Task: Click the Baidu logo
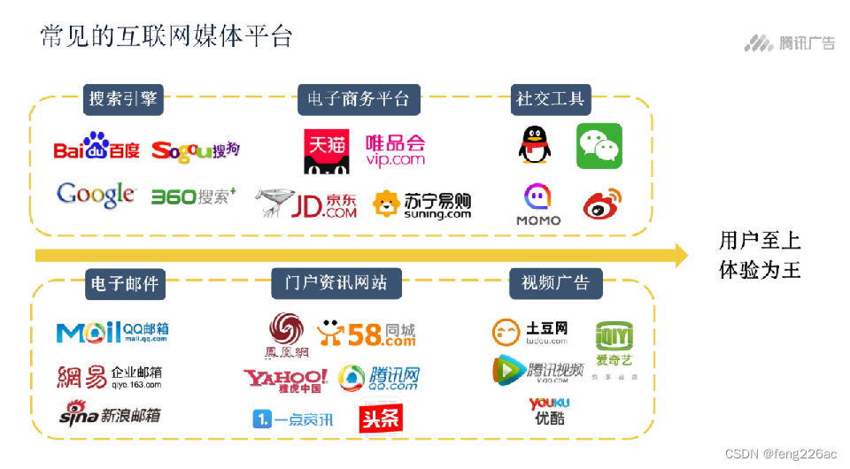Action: (x=97, y=147)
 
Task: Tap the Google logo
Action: (x=96, y=195)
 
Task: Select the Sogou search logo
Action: (x=196, y=150)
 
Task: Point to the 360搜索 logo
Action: (x=193, y=196)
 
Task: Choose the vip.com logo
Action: (x=395, y=150)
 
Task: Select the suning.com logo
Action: (x=421, y=205)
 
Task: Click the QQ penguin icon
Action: (x=534, y=145)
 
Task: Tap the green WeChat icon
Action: (x=599, y=146)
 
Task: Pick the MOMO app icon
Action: (x=538, y=204)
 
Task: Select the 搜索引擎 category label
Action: (x=123, y=99)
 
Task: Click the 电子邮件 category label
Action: (x=125, y=284)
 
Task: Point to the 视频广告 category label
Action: (x=555, y=283)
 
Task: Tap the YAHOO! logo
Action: (x=285, y=380)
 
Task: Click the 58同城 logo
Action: (x=367, y=333)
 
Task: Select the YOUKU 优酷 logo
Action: (x=549, y=411)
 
